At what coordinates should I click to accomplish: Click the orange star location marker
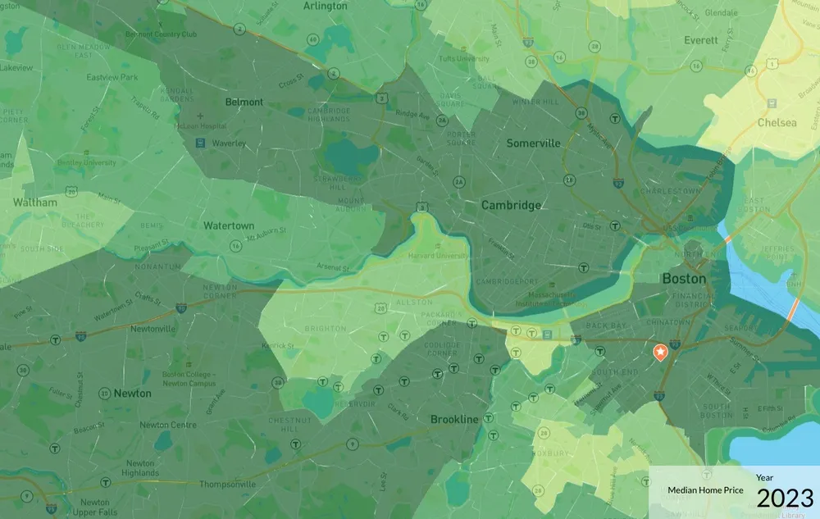(x=659, y=352)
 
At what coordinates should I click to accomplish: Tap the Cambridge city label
(x=510, y=205)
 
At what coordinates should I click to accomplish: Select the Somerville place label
(x=533, y=143)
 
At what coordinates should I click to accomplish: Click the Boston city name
(x=683, y=279)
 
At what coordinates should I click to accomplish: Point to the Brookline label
(x=454, y=419)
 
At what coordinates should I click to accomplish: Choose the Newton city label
(x=132, y=393)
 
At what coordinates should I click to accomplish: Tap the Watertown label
(x=229, y=225)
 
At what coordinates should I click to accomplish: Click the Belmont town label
(x=244, y=102)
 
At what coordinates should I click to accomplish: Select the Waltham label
(x=35, y=202)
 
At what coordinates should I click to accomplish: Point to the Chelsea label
(x=777, y=122)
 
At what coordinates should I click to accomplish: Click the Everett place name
(x=701, y=39)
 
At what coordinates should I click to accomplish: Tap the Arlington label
(x=326, y=6)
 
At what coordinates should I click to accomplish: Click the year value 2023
(x=785, y=498)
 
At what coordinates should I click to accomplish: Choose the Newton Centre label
(x=166, y=425)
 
